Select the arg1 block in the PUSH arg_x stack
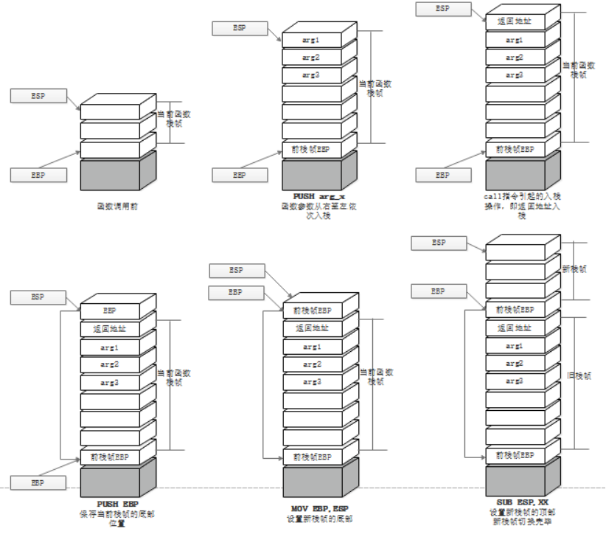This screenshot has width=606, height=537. [312, 38]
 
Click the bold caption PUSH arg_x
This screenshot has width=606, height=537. [318, 196]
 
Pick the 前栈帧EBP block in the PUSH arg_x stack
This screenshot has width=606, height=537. [312, 149]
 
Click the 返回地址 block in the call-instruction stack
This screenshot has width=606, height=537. [515, 21]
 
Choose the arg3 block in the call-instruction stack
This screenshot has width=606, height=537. [515, 75]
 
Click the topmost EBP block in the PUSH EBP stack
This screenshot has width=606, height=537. [109, 311]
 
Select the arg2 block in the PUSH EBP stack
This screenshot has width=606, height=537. [109, 364]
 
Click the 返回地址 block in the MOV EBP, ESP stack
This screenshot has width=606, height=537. [312, 328]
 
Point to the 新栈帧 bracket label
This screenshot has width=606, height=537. [574, 269]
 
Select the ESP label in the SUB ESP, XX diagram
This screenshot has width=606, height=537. [439, 243]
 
